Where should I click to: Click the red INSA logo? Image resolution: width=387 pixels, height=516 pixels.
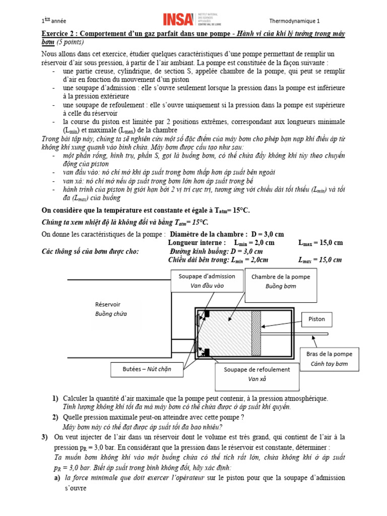click(x=178, y=20)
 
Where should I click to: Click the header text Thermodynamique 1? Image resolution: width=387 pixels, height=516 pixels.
click(x=295, y=21)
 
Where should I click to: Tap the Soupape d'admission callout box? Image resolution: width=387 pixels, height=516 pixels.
click(x=206, y=281)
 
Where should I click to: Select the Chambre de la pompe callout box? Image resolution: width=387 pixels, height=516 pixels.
click(x=281, y=281)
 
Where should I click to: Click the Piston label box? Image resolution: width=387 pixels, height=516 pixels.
click(x=316, y=319)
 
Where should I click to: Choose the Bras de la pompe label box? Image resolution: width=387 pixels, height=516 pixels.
click(x=329, y=358)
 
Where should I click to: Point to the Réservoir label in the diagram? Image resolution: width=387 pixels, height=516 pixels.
click(x=108, y=304)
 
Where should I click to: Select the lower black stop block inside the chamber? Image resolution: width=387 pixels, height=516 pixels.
click(x=206, y=352)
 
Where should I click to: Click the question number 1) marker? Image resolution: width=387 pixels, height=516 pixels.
click(x=55, y=399)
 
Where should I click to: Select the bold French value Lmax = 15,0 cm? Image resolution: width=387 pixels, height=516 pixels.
click(x=320, y=242)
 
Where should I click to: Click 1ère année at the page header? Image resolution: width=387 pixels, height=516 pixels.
click(x=54, y=21)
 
